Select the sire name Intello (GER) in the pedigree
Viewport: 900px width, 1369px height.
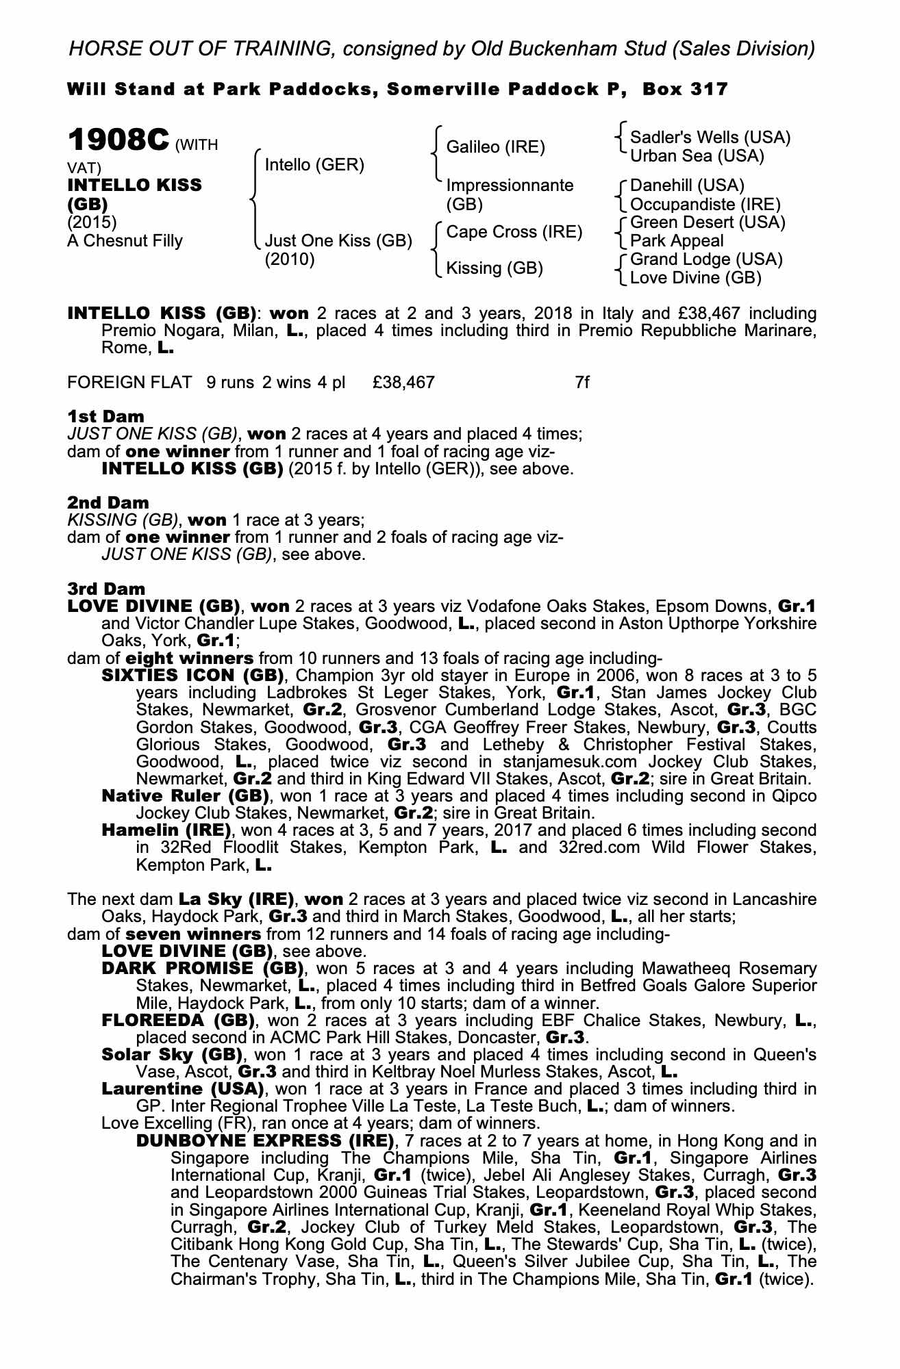314,165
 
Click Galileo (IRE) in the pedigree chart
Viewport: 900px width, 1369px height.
496,147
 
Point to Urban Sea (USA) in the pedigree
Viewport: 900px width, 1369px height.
697,156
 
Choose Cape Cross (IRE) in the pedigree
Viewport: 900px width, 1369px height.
514,232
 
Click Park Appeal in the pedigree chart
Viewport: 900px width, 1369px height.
677,241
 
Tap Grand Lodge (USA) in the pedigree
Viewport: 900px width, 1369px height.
706,259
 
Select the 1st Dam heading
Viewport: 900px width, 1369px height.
106,416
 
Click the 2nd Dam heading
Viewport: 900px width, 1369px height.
108,502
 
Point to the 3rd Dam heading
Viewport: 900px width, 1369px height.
106,589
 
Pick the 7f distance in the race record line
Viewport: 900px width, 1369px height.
582,382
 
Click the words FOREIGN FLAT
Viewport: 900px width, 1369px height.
129,382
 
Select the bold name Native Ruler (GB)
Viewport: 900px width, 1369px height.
185,796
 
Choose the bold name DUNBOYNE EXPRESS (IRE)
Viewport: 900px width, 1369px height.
266,1141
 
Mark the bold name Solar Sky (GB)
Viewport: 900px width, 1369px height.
172,1055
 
